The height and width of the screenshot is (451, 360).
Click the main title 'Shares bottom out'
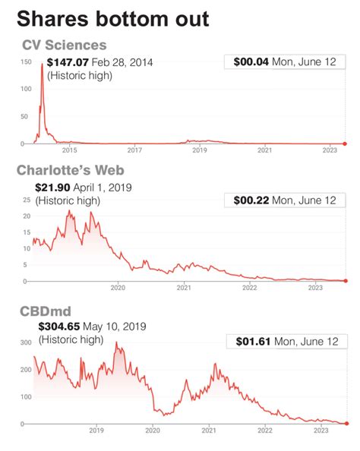point(113,19)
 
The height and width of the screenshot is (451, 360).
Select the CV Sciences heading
point(65,45)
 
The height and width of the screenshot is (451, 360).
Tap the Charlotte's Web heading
point(71,170)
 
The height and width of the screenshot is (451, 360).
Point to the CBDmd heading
point(46,311)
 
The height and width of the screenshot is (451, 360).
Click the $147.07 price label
point(68,62)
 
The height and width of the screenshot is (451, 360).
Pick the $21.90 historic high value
point(52,188)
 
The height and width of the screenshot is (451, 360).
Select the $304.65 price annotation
point(59,326)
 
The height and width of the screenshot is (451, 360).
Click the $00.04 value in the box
point(251,61)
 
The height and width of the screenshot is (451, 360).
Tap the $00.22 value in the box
point(251,200)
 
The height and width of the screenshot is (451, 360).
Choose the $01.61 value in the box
point(253,342)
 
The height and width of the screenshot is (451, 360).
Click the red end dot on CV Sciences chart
point(345,143)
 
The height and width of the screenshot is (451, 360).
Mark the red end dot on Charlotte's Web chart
point(346,281)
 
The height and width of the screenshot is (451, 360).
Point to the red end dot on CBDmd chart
point(346,424)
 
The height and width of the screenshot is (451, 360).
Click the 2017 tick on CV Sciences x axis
point(134,150)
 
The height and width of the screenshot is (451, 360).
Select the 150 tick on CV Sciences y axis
point(26,61)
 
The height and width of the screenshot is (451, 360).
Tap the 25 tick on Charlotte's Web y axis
point(27,200)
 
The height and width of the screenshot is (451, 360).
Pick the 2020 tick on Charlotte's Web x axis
point(118,288)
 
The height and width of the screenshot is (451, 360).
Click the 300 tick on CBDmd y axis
point(26,342)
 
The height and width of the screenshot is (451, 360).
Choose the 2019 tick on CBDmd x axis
point(96,430)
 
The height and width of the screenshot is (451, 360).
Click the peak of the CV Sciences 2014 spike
point(42,64)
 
